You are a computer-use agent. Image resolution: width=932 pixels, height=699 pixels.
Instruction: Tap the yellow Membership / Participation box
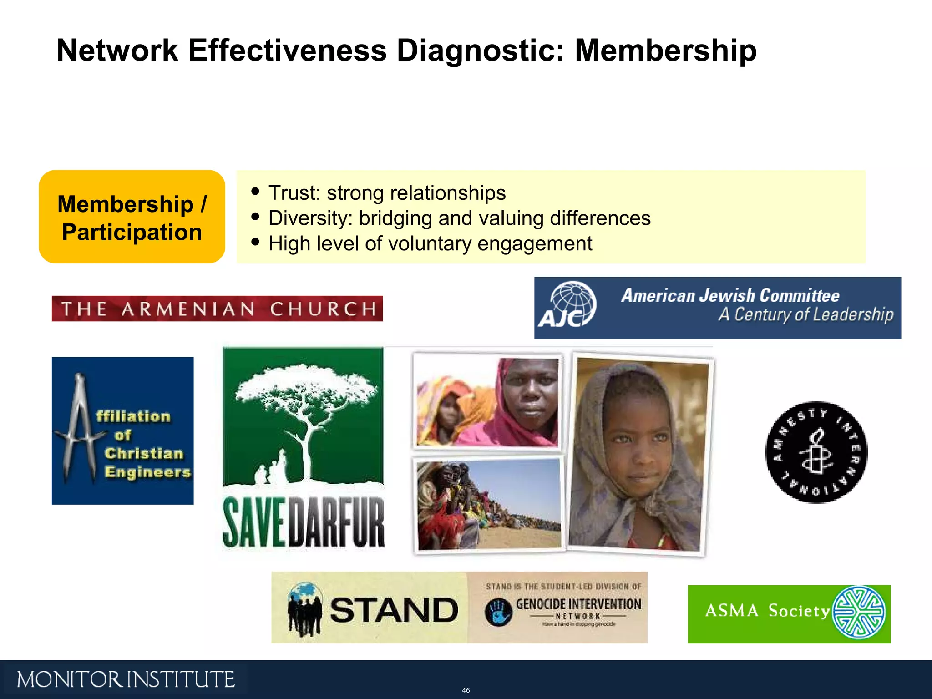pos(132,217)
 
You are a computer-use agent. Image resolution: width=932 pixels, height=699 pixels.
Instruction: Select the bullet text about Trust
pos(387,193)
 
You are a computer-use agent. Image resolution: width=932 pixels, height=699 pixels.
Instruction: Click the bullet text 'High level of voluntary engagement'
pos(430,244)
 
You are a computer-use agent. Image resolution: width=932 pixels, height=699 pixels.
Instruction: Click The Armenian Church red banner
pos(217,309)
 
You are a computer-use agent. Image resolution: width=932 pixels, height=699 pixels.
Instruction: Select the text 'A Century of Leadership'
pos(805,315)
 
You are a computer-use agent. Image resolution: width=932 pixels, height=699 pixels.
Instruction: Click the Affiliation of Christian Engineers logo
pos(122,431)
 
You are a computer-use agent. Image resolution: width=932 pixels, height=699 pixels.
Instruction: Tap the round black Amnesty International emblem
pos(816,452)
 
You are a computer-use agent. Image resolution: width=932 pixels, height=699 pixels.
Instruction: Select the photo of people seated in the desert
pos(489,504)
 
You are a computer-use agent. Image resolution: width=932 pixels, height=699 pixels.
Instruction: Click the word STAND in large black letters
pos(394,610)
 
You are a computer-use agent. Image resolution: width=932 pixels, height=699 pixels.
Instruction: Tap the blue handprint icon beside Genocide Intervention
pos(498,612)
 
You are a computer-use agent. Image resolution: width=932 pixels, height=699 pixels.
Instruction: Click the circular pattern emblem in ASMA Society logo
pos(859,613)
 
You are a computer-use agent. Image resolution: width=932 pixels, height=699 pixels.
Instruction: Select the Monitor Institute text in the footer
pos(126,679)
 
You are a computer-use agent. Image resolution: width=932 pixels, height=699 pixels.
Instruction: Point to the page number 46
pos(466,690)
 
